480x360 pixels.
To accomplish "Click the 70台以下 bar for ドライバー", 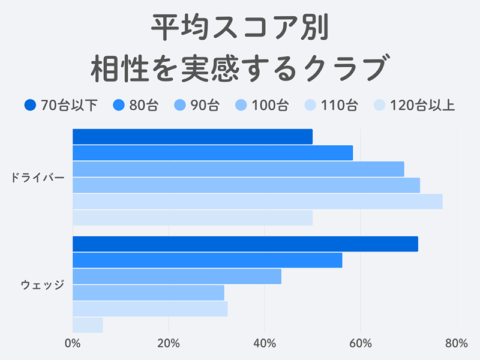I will click(192, 137).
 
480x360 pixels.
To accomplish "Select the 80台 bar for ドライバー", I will click(212, 153).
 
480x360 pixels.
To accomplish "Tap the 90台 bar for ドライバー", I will click(238, 169).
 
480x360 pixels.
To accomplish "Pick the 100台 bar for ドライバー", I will click(246, 185).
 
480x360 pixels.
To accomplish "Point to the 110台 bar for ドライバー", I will click(257, 202).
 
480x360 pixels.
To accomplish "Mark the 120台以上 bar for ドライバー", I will click(192, 218).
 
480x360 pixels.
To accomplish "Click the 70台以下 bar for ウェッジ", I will click(245, 244).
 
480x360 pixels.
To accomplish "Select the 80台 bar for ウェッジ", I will click(207, 260).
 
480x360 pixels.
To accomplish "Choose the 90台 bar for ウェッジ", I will click(176, 277).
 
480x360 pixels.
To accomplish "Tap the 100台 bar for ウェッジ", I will click(148, 293).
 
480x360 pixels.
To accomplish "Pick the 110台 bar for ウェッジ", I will click(150, 309).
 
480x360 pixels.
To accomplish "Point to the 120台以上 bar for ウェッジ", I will click(88, 325).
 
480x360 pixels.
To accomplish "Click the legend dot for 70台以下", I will click(31, 106).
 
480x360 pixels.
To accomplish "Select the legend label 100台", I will click(270, 106).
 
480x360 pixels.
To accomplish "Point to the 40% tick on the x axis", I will click(265, 344).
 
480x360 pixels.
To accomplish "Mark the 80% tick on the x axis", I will click(457, 344).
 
